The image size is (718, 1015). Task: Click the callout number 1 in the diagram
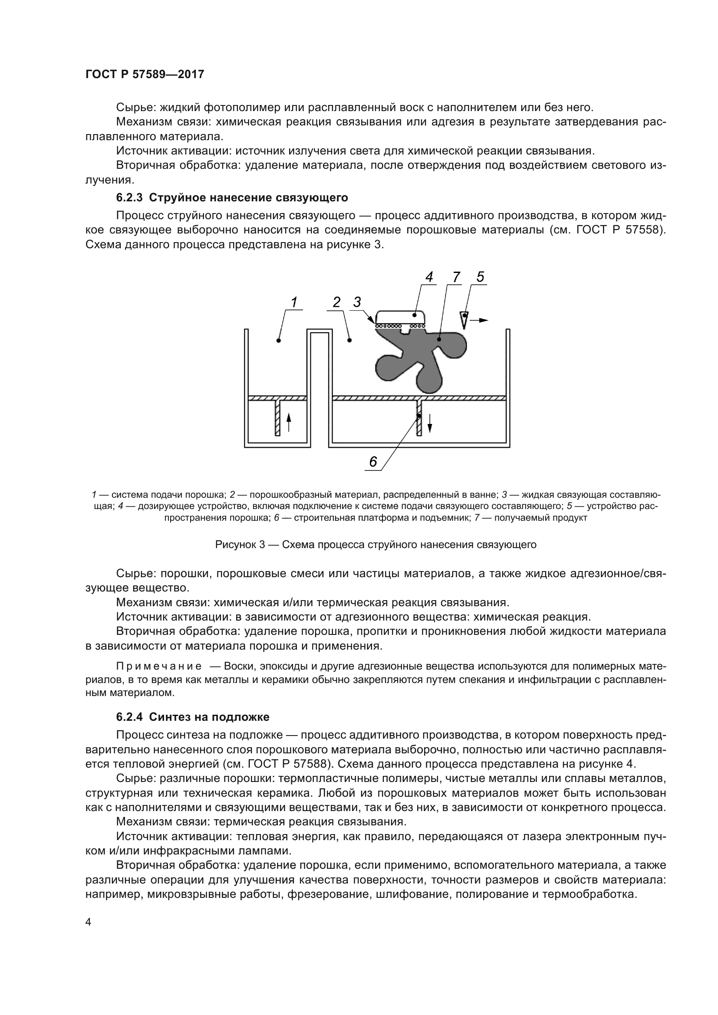pyautogui.click(x=293, y=302)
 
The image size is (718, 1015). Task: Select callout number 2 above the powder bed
pyautogui.click(x=336, y=302)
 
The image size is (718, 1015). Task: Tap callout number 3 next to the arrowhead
pyautogui.click(x=357, y=302)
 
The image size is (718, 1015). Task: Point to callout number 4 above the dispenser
pyautogui.click(x=429, y=277)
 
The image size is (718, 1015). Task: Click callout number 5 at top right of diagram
pyautogui.click(x=480, y=277)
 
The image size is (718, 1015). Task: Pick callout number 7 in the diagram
pyautogui.click(x=457, y=277)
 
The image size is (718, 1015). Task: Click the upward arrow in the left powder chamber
pyautogui.click(x=289, y=423)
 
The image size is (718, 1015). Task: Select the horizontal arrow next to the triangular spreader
pyautogui.click(x=480, y=320)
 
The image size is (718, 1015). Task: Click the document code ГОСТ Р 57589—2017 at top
pyautogui.click(x=145, y=74)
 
